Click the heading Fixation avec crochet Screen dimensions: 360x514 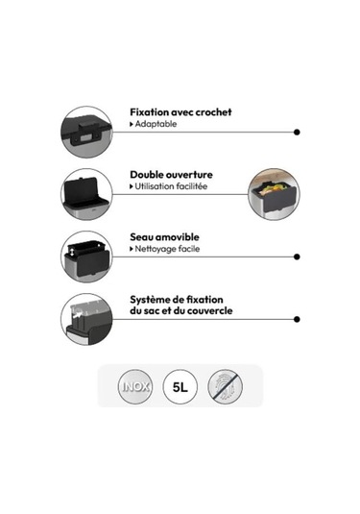click(x=180, y=112)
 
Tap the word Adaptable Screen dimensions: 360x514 click(x=156, y=124)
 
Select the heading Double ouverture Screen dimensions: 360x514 click(x=171, y=175)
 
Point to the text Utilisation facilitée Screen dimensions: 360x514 click(x=171, y=186)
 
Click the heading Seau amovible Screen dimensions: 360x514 click(x=164, y=236)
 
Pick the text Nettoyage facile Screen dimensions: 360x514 click(x=167, y=249)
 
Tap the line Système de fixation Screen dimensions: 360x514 click(x=177, y=300)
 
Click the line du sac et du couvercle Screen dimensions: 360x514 click(x=181, y=310)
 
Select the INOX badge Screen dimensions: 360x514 click(x=135, y=386)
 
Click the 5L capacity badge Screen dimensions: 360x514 click(x=180, y=387)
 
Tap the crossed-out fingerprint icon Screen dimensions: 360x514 click(x=225, y=386)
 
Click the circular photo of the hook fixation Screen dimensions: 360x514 click(x=86, y=133)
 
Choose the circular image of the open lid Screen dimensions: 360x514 click(x=86, y=194)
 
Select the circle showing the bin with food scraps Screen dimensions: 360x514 click(x=274, y=194)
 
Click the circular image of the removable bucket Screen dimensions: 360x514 click(x=86, y=257)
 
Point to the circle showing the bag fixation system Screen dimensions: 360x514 click(x=86, y=319)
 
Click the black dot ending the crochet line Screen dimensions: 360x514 click(x=297, y=133)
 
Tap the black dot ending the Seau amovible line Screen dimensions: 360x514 click(x=297, y=257)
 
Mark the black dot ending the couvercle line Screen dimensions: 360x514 click(x=297, y=319)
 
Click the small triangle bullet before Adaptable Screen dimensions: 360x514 click(x=132, y=124)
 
